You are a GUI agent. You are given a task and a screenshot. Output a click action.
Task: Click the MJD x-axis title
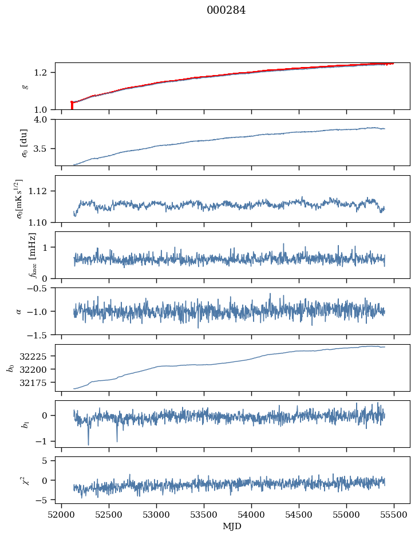[232, 526]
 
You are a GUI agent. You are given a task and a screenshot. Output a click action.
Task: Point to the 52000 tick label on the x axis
[61, 514]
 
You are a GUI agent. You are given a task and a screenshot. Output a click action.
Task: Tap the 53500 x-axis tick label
[204, 514]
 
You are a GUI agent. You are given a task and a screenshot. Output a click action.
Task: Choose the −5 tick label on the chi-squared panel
[45, 500]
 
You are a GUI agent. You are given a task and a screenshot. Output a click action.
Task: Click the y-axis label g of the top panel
[25, 86]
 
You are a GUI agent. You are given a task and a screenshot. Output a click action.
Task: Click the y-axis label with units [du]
[23, 143]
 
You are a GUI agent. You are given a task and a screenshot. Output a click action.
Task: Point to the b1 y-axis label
[25, 424]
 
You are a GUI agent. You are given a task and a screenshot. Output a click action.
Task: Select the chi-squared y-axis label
[25, 480]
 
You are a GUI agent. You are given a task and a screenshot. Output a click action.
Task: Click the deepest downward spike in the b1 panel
[88, 444]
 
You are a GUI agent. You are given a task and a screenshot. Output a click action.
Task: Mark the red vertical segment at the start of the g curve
[72, 106]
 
